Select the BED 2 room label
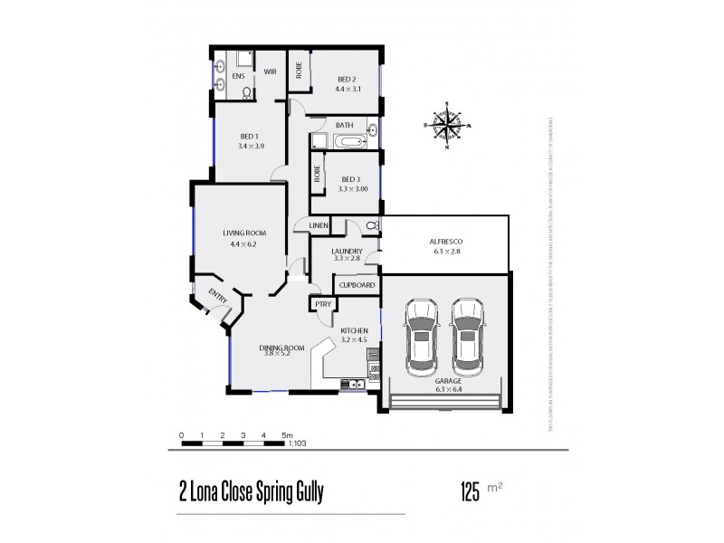tap(348, 79)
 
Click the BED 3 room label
tap(348, 179)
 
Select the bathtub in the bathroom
tap(347, 142)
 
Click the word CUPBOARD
tap(357, 284)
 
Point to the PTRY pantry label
tap(323, 306)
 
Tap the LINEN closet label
tap(318, 225)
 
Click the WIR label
tap(270, 71)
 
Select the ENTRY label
tap(218, 296)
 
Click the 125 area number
tap(471, 494)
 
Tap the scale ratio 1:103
tap(295, 443)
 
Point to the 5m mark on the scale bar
tap(287, 435)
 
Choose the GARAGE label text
tap(446, 382)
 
